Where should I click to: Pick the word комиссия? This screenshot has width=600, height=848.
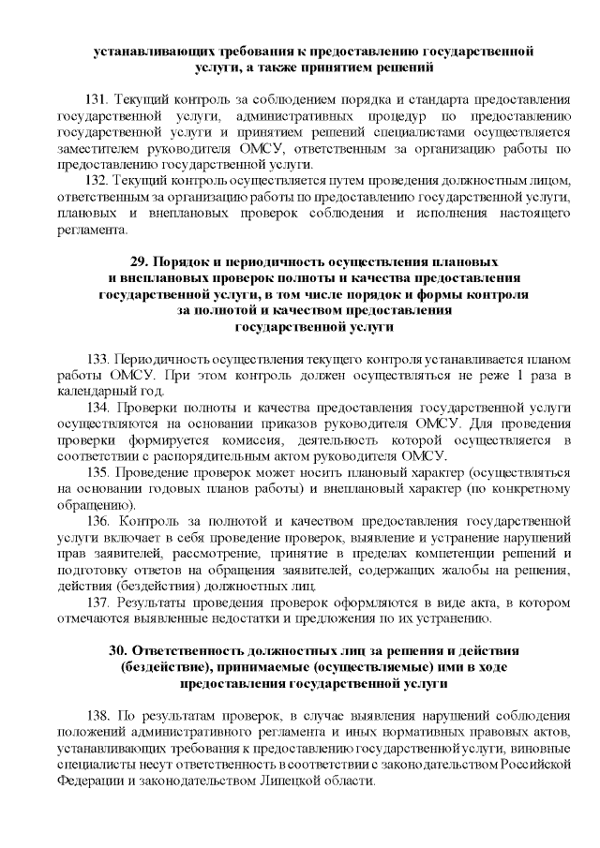click(270, 440)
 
